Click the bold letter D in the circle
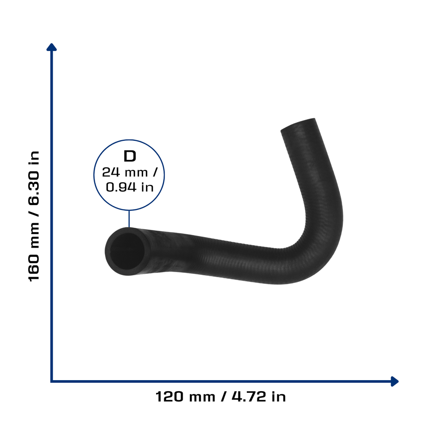coord(130,156)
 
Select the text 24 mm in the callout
coord(125,173)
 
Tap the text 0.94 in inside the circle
coord(130,187)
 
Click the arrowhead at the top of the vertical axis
coord(51,47)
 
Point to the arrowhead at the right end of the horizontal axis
coord(394,381)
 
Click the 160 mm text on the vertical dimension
coord(34,253)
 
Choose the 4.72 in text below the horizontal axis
coord(259,397)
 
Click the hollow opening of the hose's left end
coord(127,251)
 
